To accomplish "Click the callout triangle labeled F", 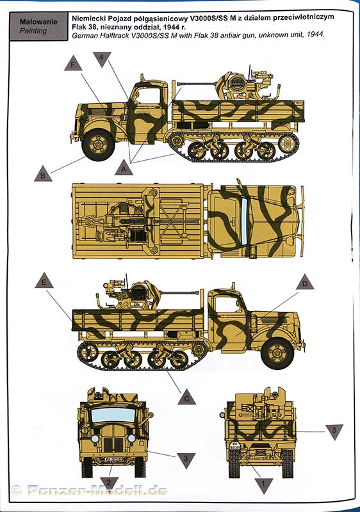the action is tap(73, 64).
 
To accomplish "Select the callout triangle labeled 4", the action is tap(102, 58).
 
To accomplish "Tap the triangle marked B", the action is tap(43, 174).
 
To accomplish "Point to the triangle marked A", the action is tap(124, 168).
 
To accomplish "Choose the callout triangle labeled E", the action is tap(44, 281).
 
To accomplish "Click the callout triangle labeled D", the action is tap(305, 283).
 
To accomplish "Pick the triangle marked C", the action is tap(187, 397).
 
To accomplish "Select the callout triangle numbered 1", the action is tap(263, 484).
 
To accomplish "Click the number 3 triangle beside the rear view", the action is tap(334, 431).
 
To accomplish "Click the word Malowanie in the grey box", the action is tap(38, 22).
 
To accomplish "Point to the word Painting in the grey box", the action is tap(33, 31).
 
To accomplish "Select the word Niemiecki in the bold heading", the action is tap(88, 18).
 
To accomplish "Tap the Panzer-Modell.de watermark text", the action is tap(97, 490).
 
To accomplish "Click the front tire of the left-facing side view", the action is tap(98, 145).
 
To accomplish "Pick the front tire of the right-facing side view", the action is tap(277, 354).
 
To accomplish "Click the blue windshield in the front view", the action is tap(113, 415).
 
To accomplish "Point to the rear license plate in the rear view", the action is tap(234, 445).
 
